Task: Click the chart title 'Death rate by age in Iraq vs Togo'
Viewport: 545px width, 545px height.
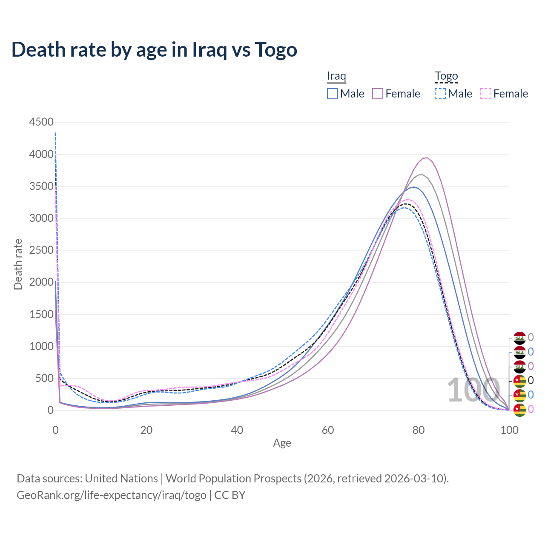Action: tap(154, 49)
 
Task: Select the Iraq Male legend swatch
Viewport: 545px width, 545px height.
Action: tap(333, 94)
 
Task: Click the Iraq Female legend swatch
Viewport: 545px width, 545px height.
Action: tap(378, 94)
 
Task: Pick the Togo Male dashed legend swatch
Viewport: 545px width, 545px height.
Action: tap(440, 94)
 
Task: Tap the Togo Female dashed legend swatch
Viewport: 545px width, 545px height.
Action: tap(486, 94)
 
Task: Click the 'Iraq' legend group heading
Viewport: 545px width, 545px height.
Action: tap(336, 76)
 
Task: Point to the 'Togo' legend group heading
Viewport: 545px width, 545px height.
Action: tap(446, 76)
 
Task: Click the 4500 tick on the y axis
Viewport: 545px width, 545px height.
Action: tap(41, 122)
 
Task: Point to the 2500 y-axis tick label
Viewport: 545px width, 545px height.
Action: tap(41, 250)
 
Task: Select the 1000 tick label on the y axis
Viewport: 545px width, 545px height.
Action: tap(41, 346)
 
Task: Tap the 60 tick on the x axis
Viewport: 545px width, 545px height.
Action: tap(328, 430)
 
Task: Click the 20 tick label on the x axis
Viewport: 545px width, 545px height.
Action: tap(146, 430)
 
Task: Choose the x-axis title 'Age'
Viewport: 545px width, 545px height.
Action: tap(282, 443)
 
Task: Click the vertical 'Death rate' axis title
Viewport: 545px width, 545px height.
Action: tap(18, 264)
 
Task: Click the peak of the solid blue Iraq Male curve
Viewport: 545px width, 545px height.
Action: tap(413, 187)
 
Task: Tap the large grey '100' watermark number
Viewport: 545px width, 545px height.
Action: tap(473, 390)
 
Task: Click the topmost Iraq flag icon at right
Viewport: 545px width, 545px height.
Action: tap(520, 338)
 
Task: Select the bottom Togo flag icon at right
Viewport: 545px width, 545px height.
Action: tap(520, 410)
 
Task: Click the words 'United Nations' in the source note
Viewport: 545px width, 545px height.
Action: tap(121, 478)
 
